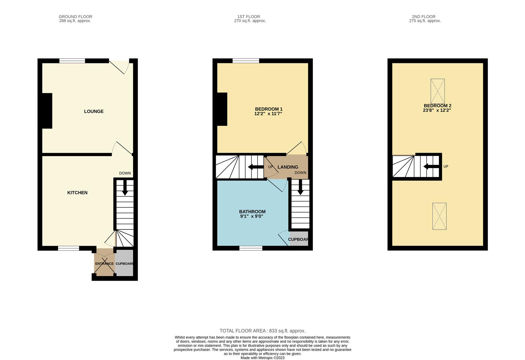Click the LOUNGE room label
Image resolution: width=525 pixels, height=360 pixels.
(x=94, y=111)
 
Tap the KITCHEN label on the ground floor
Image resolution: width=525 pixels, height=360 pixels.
(x=77, y=193)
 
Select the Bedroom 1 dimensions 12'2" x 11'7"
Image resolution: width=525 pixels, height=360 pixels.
(x=268, y=114)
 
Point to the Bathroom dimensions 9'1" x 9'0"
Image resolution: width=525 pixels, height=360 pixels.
(x=252, y=216)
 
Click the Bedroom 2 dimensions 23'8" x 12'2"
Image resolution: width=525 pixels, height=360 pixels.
(x=437, y=110)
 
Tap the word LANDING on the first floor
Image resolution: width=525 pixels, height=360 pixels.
(x=288, y=167)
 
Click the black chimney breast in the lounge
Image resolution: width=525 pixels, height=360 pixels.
(x=47, y=111)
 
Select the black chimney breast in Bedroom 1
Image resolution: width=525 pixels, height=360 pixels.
(x=222, y=109)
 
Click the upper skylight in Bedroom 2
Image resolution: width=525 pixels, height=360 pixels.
(x=438, y=91)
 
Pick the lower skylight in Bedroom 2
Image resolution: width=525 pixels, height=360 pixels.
(x=440, y=216)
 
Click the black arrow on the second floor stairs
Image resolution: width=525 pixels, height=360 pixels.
(x=431, y=167)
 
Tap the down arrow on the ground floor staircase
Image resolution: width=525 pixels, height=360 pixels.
(x=125, y=188)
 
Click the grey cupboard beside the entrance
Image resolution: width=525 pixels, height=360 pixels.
(x=124, y=263)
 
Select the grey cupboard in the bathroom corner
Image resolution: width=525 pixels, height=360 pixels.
(x=299, y=238)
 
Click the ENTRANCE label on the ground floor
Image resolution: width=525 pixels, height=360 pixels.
(x=104, y=264)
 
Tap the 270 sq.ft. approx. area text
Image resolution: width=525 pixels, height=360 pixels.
(x=250, y=21)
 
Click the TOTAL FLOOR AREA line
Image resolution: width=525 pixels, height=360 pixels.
(x=262, y=331)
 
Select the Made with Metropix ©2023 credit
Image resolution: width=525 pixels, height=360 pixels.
(x=262, y=358)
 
